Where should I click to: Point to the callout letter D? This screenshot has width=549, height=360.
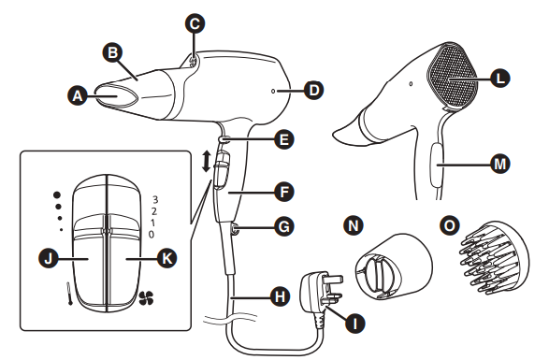pyautogui.click(x=313, y=91)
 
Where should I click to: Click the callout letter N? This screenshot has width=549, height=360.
pyautogui.click(x=353, y=227)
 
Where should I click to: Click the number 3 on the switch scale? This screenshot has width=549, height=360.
pyautogui.click(x=155, y=199)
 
